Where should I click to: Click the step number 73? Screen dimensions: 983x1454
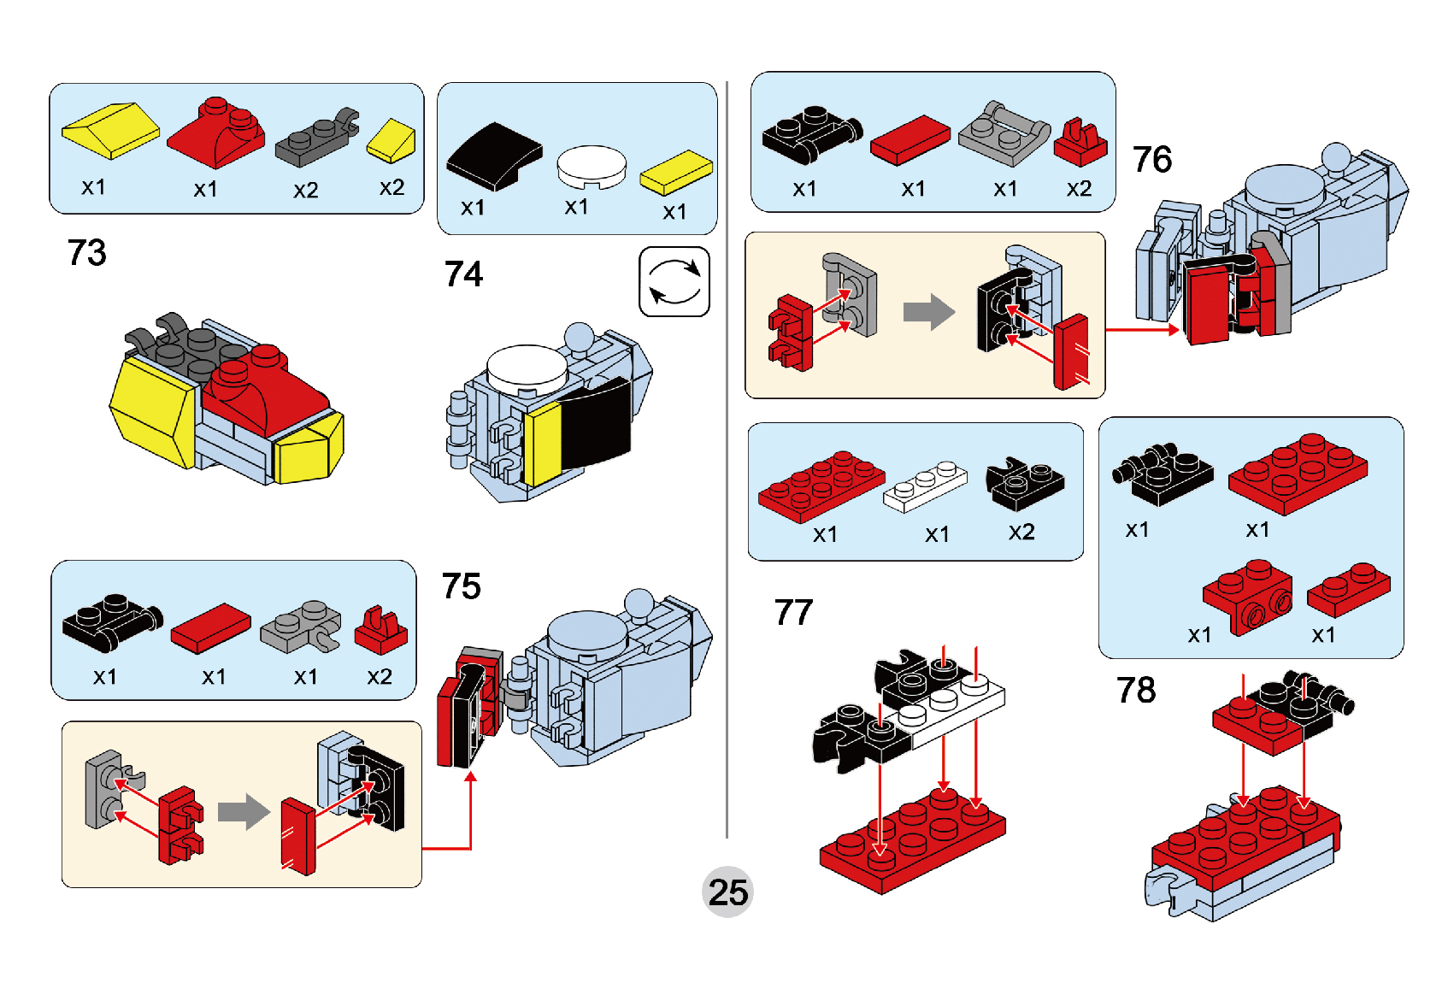tap(86, 253)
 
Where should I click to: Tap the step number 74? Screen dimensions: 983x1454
tap(463, 274)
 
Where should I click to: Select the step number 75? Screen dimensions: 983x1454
tap(462, 586)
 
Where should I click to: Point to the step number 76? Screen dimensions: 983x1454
tap(1151, 160)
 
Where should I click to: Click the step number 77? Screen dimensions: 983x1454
tap(793, 613)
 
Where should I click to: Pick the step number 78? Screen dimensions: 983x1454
tap(1135, 691)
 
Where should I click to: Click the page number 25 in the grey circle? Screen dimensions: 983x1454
tap(727, 892)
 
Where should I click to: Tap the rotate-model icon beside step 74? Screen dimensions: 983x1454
tap(674, 281)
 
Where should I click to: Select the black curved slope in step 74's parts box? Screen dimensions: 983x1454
tap(494, 156)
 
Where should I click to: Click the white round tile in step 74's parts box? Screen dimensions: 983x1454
tap(592, 166)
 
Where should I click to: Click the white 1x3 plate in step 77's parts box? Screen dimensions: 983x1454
tap(925, 486)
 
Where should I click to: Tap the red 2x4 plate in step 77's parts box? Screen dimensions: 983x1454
tap(821, 486)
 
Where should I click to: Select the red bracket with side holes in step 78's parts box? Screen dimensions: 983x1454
tap(1247, 596)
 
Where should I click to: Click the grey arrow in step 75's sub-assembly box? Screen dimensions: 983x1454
tap(244, 811)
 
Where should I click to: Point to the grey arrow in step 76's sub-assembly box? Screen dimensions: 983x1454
tap(928, 312)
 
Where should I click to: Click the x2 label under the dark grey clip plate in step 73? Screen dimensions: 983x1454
tap(305, 190)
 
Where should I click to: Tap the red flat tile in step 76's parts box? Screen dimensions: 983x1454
tap(910, 139)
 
